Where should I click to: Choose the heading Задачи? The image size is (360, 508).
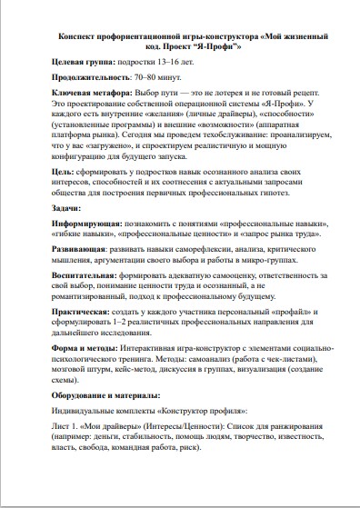[x=67, y=207]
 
